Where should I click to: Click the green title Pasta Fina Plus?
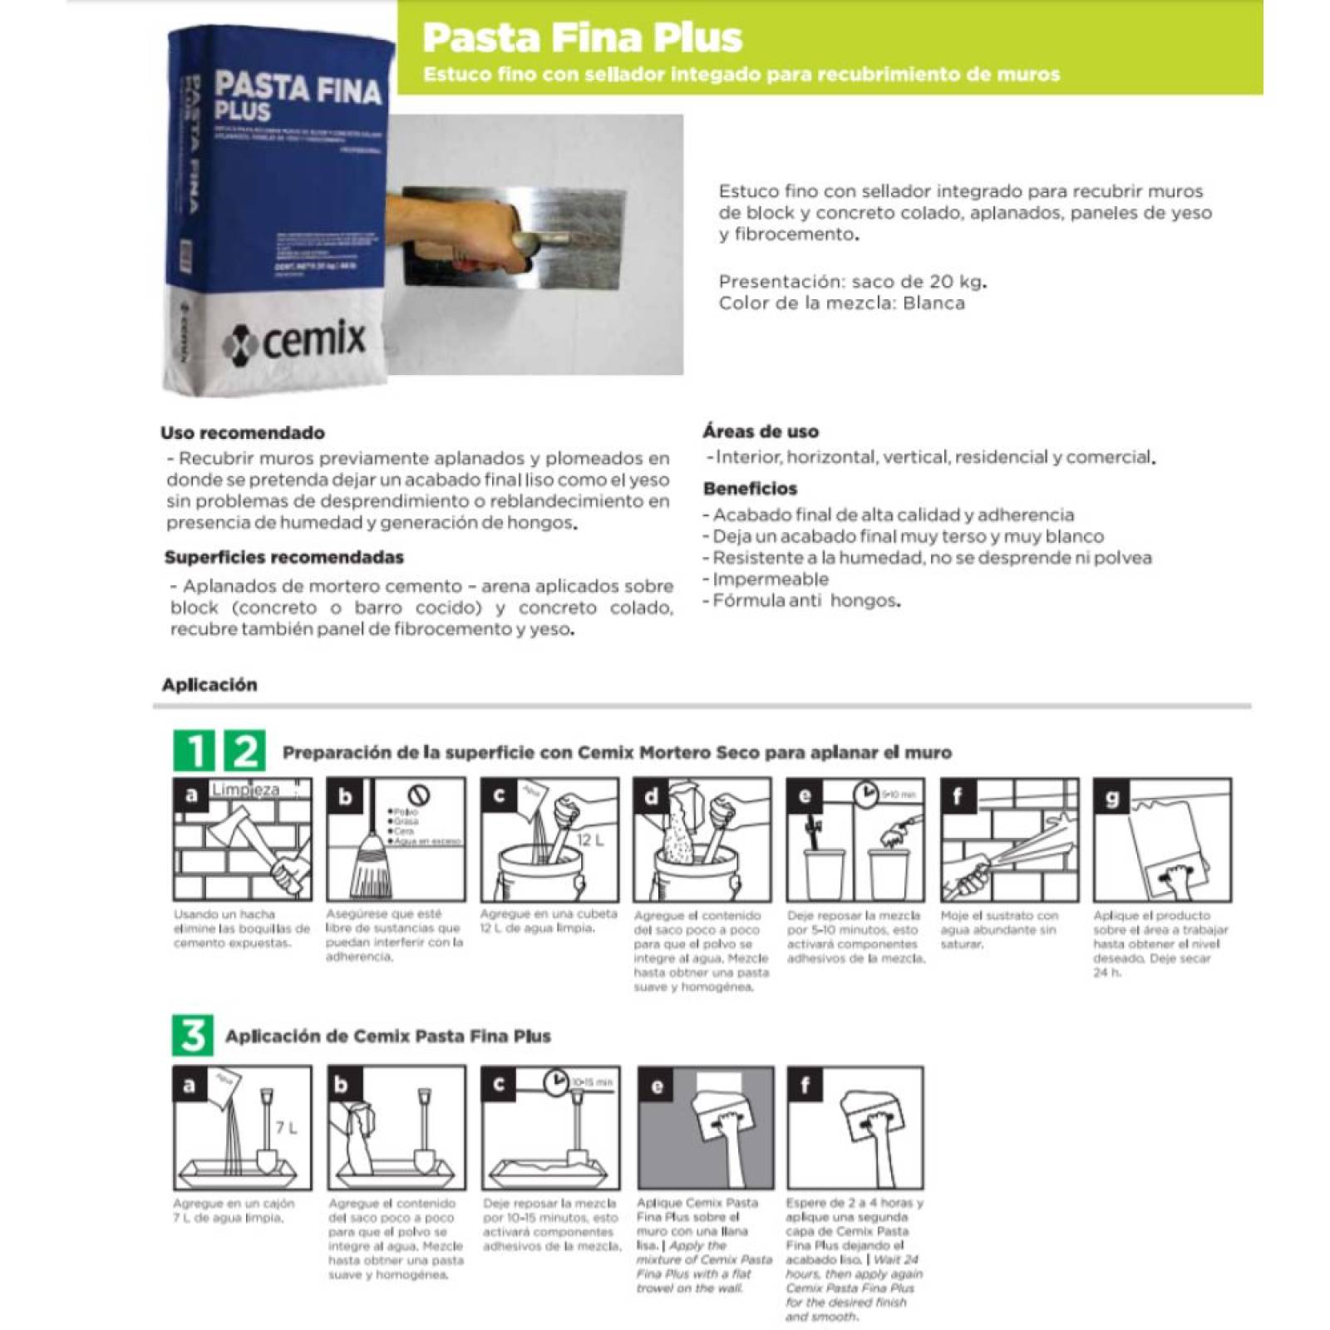coord(582,37)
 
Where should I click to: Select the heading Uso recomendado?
coord(243,432)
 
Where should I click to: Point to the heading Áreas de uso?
coord(761,431)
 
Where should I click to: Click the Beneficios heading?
coord(750,489)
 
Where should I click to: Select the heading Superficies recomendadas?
coord(283,557)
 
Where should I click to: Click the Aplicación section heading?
coord(209,685)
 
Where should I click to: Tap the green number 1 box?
coord(194,751)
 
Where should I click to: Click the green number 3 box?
coord(193,1036)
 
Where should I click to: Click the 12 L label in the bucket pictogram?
coord(590,840)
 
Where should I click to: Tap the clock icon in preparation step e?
coord(865,794)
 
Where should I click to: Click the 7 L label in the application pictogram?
coord(286,1128)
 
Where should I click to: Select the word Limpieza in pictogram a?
coord(245,790)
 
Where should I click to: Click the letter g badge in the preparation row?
coord(1112,797)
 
